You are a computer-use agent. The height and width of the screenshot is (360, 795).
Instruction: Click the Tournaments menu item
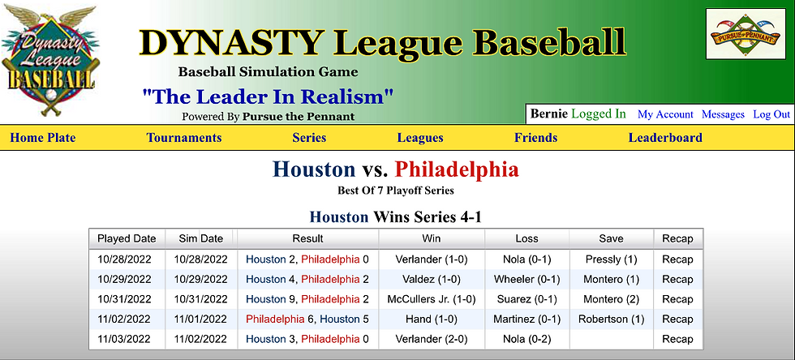[184, 138]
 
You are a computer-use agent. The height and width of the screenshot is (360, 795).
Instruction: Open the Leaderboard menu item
[665, 138]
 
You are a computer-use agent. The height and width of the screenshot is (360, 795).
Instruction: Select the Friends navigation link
[536, 138]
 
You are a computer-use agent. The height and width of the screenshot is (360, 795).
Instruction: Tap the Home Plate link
[42, 138]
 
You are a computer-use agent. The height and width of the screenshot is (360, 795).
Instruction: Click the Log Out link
[771, 114]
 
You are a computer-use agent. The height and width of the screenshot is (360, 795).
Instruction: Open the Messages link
[723, 114]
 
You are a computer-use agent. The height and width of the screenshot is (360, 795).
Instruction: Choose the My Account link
[665, 114]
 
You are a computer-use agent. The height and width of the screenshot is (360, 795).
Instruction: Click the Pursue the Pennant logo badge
[745, 34]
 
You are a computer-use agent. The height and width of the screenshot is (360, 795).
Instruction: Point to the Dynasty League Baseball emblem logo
[49, 61]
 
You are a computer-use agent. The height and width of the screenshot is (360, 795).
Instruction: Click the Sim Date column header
[201, 239]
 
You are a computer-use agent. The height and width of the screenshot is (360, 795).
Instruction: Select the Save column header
[611, 239]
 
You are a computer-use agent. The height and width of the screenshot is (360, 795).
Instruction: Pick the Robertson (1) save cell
[611, 319]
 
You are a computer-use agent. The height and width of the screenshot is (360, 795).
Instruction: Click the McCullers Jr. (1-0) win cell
[432, 300]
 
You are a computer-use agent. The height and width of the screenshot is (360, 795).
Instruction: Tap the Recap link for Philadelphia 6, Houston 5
[677, 319]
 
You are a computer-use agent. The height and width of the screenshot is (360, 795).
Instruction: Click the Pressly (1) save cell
[611, 259]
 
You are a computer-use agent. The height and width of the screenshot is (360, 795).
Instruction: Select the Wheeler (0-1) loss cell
[526, 280]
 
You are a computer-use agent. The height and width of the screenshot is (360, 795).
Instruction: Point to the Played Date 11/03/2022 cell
[124, 339]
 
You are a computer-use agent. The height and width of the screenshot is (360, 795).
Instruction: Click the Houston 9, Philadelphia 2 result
[307, 300]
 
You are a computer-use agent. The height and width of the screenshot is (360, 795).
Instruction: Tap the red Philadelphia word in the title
[456, 169]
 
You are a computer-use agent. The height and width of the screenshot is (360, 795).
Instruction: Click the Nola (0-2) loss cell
[526, 339]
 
